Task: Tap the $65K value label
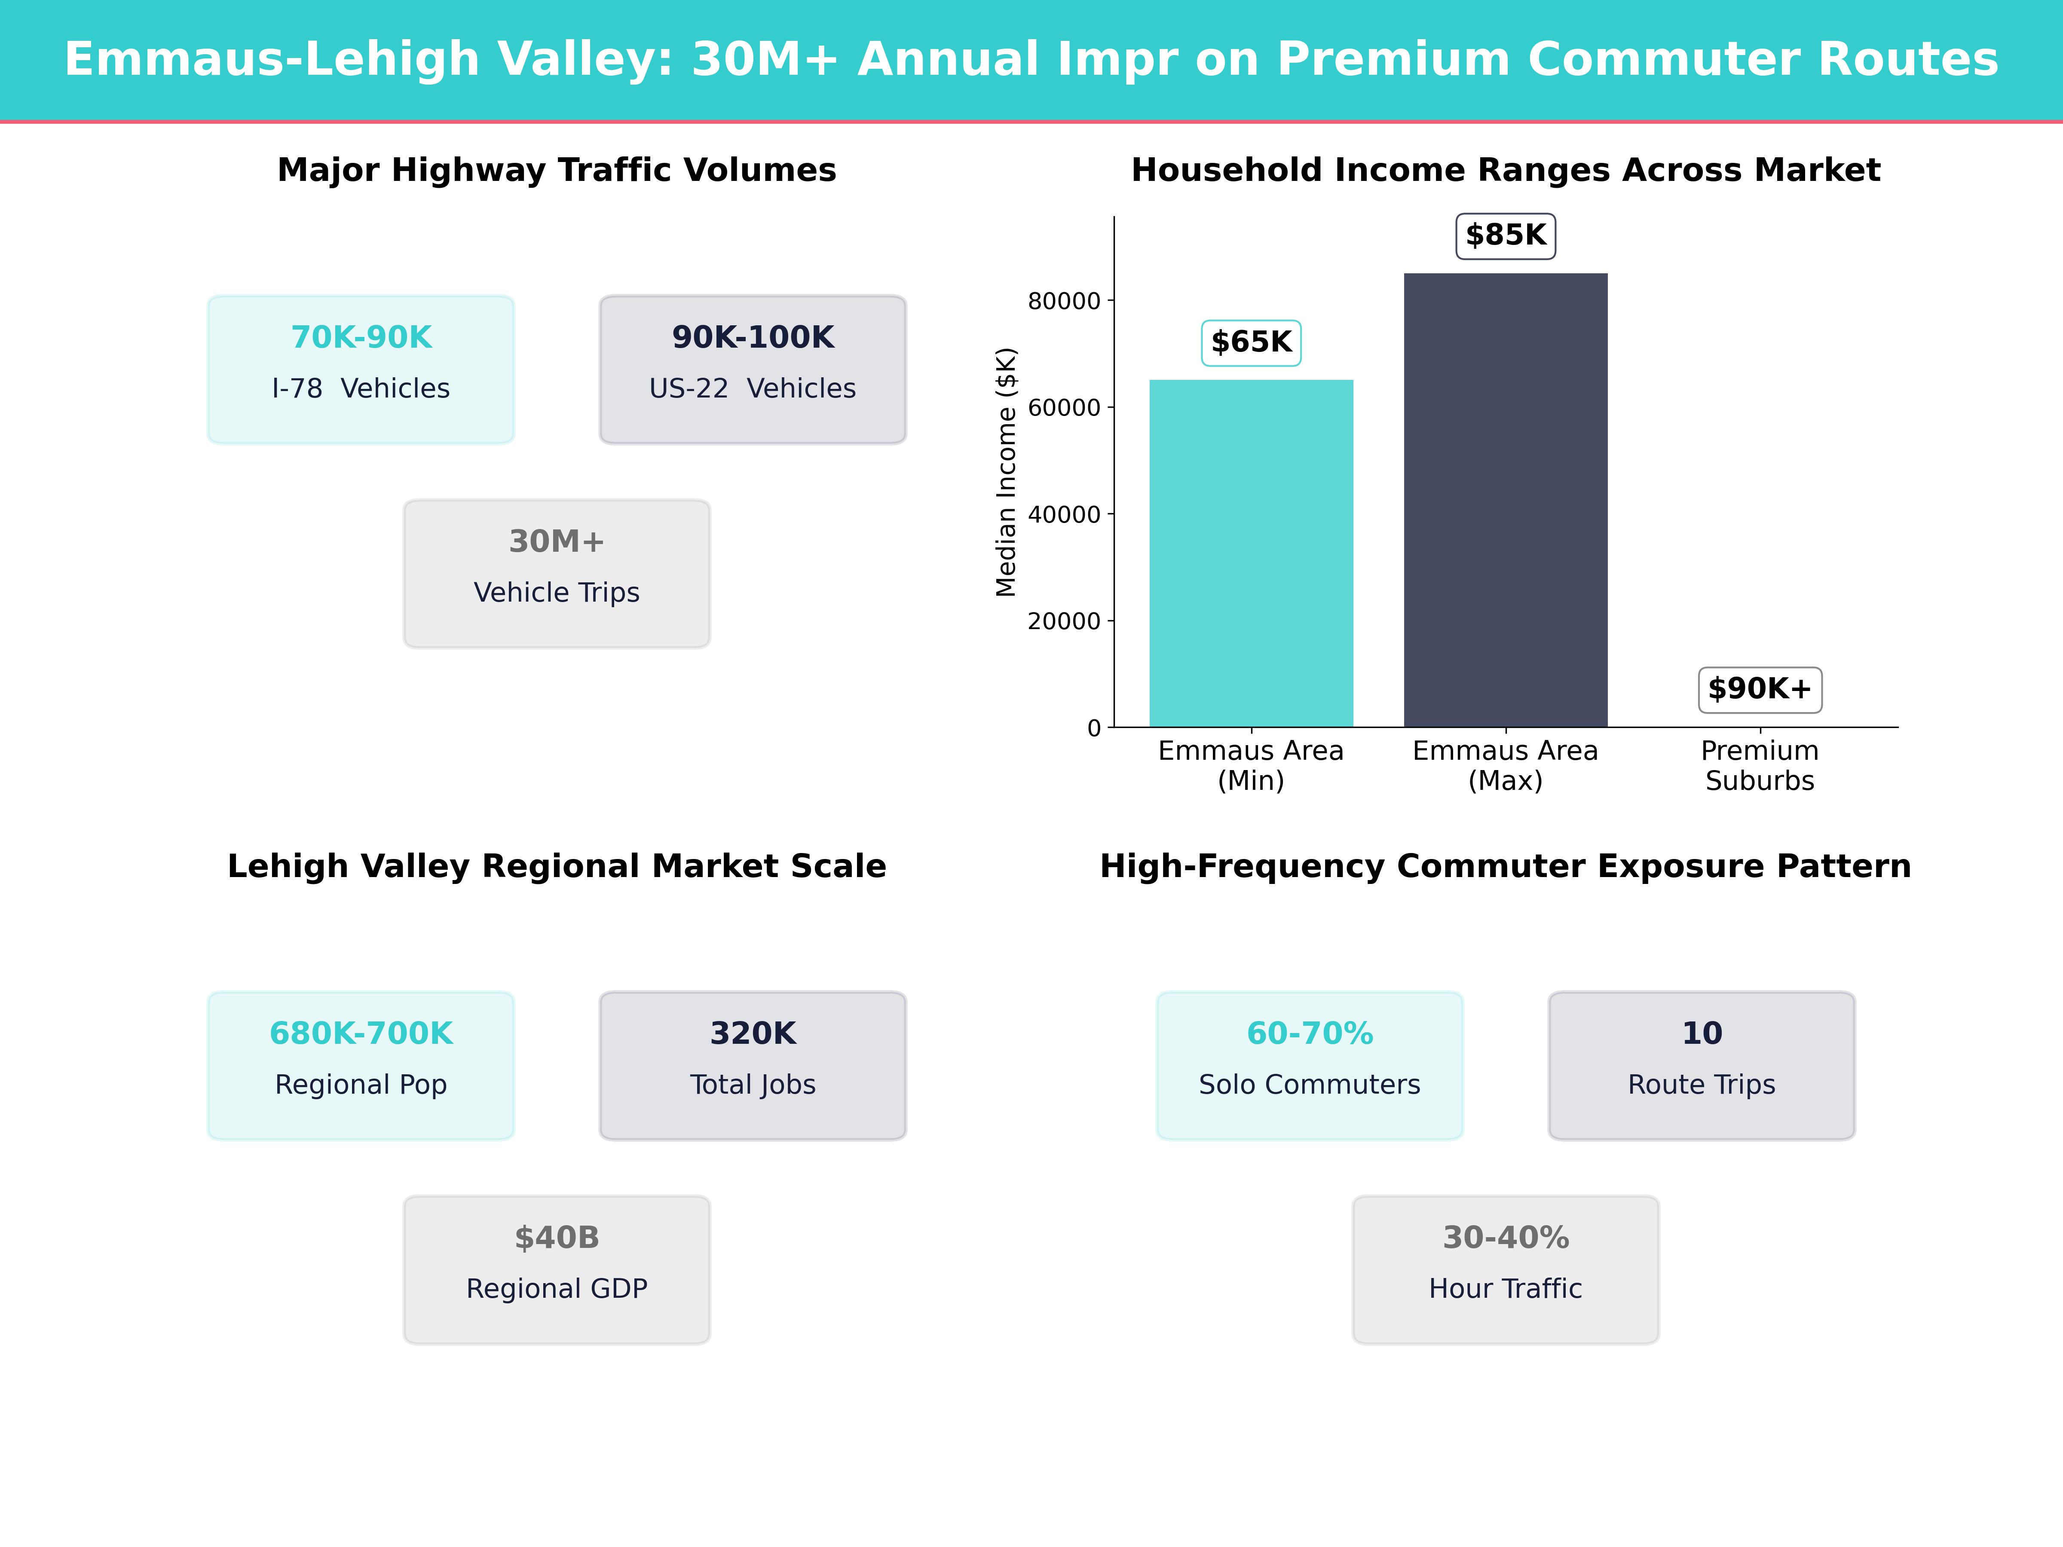coord(1251,342)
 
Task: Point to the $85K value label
coord(1505,235)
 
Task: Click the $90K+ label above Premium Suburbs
coord(1759,689)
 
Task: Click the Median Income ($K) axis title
coord(1005,472)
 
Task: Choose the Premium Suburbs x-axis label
coord(1759,766)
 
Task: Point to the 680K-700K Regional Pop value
coord(361,1033)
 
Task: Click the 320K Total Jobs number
coord(753,1033)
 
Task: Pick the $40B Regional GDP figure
coord(557,1238)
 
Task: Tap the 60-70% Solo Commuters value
coord(1310,1033)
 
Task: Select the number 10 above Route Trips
coord(1701,1033)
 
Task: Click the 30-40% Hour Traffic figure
coord(1505,1238)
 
